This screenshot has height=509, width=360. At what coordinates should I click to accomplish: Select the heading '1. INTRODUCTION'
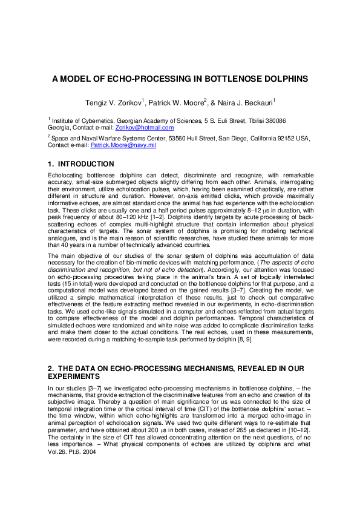[80, 164]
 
